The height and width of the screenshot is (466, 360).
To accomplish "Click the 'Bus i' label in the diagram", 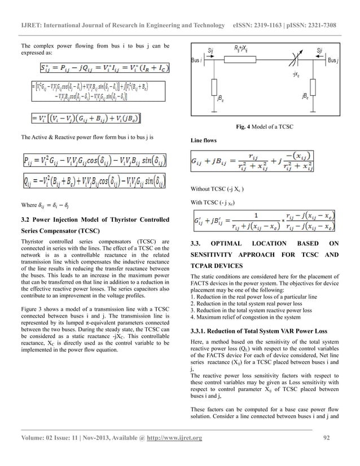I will (197, 59).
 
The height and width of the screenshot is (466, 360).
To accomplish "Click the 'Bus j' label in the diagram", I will (335, 59).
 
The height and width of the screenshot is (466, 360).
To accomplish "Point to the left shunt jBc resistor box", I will (213, 90).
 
